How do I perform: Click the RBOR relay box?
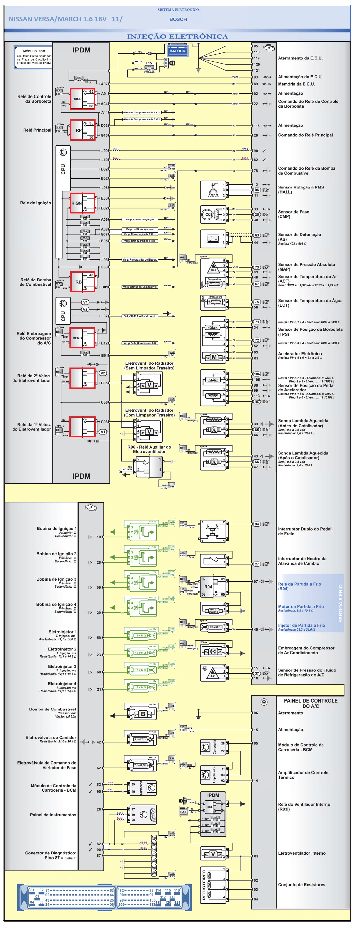[x=82, y=99]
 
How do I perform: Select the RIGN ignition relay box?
[x=82, y=203]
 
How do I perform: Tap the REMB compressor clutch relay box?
[x=82, y=338]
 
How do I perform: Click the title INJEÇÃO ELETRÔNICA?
[x=177, y=36]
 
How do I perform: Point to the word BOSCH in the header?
[x=178, y=19]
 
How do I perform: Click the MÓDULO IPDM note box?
[x=33, y=57]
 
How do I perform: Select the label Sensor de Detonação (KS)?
[x=299, y=237]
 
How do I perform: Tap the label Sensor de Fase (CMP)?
[x=293, y=214]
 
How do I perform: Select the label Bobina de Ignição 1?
[x=56, y=529]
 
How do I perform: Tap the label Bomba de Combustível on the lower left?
[x=52, y=709]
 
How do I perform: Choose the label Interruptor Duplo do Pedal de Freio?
[x=304, y=531]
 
